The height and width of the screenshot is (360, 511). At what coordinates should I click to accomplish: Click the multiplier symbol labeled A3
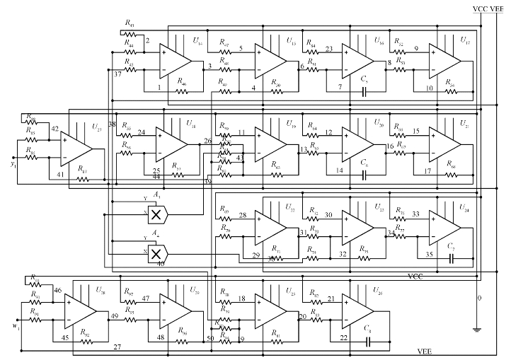click(161, 212)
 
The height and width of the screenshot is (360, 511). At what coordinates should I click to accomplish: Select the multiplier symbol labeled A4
click(161, 252)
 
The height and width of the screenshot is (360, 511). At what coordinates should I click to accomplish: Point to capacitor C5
click(364, 91)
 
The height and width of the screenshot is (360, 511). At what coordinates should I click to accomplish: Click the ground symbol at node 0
click(478, 327)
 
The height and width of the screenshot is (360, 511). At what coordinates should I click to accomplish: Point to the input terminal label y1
click(12, 165)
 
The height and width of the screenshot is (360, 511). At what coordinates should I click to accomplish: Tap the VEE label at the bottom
click(425, 352)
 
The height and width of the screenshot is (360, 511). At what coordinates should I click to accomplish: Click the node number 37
click(117, 76)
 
